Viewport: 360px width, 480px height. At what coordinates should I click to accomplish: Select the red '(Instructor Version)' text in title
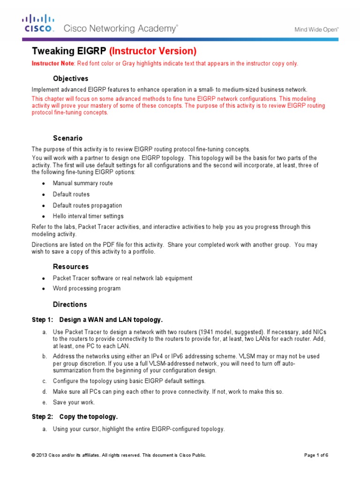153,51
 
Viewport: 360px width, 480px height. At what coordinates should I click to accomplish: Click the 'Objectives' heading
70,78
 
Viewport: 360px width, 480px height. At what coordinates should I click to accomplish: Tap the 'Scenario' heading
67,138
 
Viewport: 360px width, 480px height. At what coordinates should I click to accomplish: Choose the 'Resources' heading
70,267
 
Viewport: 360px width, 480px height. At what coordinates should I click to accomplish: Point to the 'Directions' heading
70,304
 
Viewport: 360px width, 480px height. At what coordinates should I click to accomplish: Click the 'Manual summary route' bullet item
82,183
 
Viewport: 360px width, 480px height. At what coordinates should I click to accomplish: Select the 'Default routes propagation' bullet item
87,205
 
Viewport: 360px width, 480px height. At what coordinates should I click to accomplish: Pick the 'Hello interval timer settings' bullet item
88,216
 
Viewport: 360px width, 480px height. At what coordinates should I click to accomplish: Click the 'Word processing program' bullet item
86,288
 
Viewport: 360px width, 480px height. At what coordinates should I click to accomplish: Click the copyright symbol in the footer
33,455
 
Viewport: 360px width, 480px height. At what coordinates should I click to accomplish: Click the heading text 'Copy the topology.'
89,417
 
